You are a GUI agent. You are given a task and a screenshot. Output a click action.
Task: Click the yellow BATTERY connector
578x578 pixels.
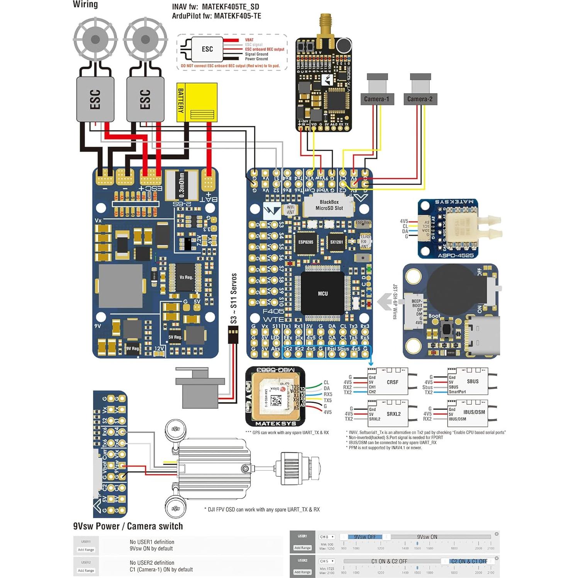pyautogui.click(x=197, y=102)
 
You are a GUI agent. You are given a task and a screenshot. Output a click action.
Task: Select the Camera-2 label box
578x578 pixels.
pyautogui.click(x=420, y=99)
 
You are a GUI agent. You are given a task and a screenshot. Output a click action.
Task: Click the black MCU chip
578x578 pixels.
pyautogui.click(x=323, y=293)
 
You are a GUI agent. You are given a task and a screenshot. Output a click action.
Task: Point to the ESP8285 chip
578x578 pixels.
pyautogui.click(x=305, y=242)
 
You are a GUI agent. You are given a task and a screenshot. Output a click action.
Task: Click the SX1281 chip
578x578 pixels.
pyautogui.click(x=336, y=242)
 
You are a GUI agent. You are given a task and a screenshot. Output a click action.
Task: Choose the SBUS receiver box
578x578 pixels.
pyautogui.click(x=468, y=381)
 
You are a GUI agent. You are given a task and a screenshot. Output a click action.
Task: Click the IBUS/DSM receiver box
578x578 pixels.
pyautogui.click(x=468, y=414)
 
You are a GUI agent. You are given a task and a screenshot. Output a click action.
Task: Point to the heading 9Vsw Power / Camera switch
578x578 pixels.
pyautogui.click(x=128, y=526)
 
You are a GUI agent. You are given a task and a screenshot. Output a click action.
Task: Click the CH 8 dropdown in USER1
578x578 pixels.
pyautogui.click(x=327, y=537)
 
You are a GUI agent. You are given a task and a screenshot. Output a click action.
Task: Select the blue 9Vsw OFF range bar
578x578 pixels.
pyautogui.click(x=365, y=537)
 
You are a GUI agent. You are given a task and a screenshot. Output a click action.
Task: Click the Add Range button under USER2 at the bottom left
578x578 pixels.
pyautogui.click(x=86, y=570)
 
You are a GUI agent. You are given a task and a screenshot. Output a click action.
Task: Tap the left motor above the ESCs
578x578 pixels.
pyautogui.click(x=95, y=39)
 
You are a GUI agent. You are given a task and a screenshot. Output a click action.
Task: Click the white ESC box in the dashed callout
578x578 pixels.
pyautogui.click(x=207, y=49)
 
